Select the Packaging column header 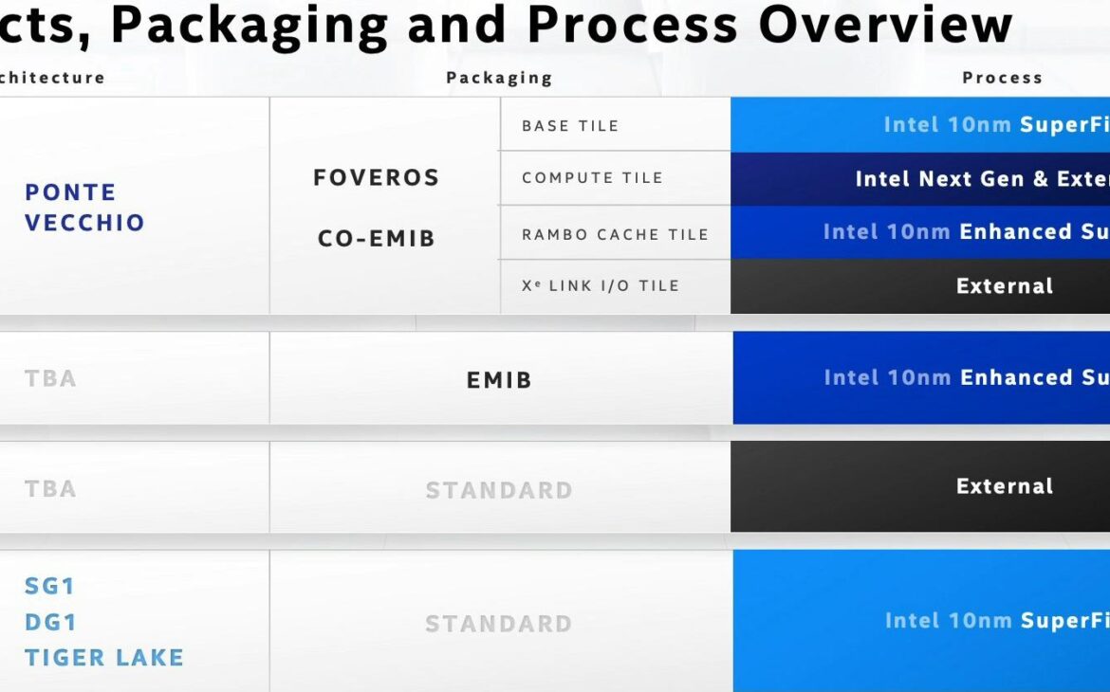[499, 78]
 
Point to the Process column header [1002, 78]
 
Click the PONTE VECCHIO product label [84, 208]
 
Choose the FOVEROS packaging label [377, 178]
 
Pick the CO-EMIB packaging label [377, 238]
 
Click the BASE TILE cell [570, 125]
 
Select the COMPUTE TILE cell [592, 177]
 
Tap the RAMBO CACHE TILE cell [615, 234]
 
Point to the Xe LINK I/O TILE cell [601, 285]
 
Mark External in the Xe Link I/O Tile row [1005, 286]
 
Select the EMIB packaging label [499, 380]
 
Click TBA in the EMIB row [50, 378]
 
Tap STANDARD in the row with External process [499, 490]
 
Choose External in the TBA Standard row [1005, 486]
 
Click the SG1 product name [49, 586]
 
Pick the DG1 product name [50, 622]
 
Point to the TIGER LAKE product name [104, 657]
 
